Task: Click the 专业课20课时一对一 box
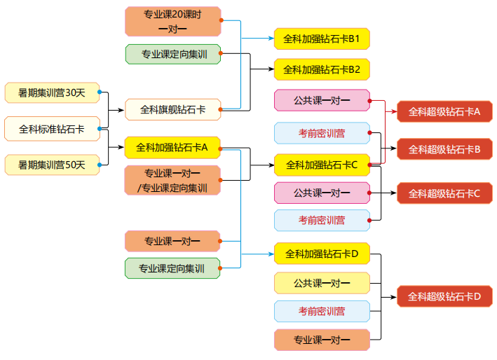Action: (172, 21)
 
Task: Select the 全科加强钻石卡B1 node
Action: (322, 39)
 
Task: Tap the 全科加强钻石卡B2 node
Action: (322, 69)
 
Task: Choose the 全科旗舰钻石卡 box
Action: (172, 109)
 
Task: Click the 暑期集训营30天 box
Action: (51, 92)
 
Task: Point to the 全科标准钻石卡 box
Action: (51, 129)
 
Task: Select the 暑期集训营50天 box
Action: (51, 165)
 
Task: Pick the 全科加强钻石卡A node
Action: (172, 148)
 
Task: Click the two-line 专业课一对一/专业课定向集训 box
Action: (172, 181)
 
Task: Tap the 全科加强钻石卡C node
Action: (322, 165)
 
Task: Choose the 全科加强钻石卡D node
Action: (322, 254)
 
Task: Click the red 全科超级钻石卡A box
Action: (444, 111)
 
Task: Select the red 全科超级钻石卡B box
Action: (444, 149)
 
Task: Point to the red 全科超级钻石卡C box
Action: (444, 193)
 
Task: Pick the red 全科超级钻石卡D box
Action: (444, 296)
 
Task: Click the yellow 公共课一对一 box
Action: (322, 283)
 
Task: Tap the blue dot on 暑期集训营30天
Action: (100, 92)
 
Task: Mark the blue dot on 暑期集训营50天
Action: (100, 165)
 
